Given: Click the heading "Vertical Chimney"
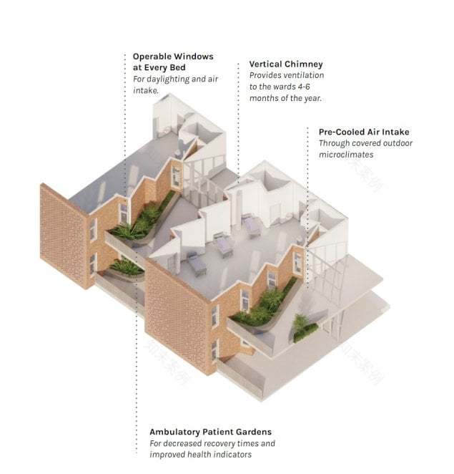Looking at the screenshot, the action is point(286,64).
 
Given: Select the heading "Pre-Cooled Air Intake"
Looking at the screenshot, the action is point(365,132).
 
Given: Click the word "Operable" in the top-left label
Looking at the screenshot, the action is point(154,56).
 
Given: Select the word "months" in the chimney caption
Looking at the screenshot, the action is point(264,97).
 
